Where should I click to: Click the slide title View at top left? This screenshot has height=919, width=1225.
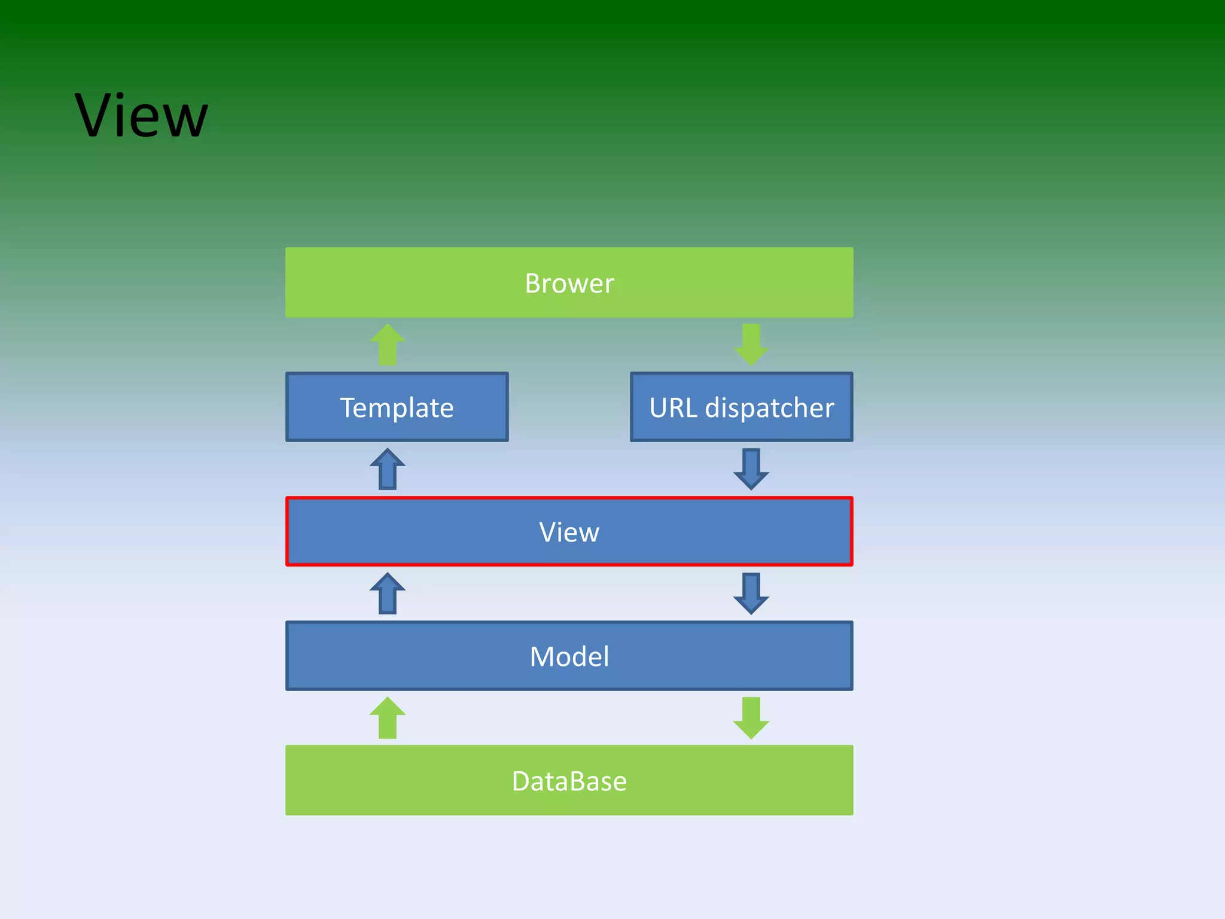[x=141, y=116]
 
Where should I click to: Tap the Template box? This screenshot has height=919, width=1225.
[x=397, y=407]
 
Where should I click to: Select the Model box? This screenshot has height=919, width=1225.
[x=419, y=656]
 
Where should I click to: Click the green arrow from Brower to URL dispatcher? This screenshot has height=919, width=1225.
[x=751, y=345]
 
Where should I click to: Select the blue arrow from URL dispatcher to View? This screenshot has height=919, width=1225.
[x=751, y=469]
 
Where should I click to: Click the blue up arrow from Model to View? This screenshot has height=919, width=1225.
[x=388, y=594]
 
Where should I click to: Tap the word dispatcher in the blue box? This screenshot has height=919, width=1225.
[x=769, y=409]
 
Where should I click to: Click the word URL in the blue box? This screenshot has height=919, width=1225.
[x=674, y=408]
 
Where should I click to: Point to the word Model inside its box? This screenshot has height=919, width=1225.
[x=569, y=656]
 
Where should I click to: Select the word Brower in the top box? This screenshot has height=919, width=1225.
[x=569, y=283]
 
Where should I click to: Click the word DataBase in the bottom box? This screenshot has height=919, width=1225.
[x=569, y=781]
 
